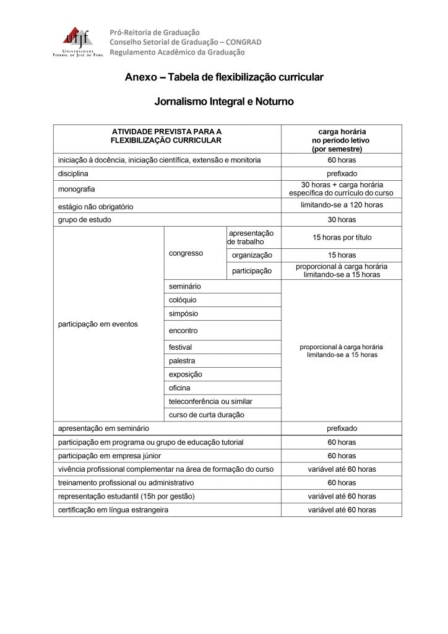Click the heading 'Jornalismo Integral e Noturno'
(x=223, y=102)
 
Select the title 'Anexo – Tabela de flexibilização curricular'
(x=223, y=78)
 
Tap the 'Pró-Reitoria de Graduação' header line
(x=155, y=32)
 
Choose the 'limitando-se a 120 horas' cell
(x=342, y=205)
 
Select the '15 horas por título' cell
(x=342, y=237)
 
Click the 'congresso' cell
(x=186, y=253)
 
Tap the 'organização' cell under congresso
(x=252, y=255)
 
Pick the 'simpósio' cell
(x=184, y=314)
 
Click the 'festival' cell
(x=181, y=347)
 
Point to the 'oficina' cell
(x=179, y=388)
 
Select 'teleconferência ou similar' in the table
(x=210, y=401)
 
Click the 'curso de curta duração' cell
(x=207, y=415)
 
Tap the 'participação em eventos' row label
(x=98, y=324)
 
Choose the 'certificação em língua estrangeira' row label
(x=113, y=510)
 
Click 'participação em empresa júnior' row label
(x=110, y=456)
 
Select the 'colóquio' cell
(x=183, y=300)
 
